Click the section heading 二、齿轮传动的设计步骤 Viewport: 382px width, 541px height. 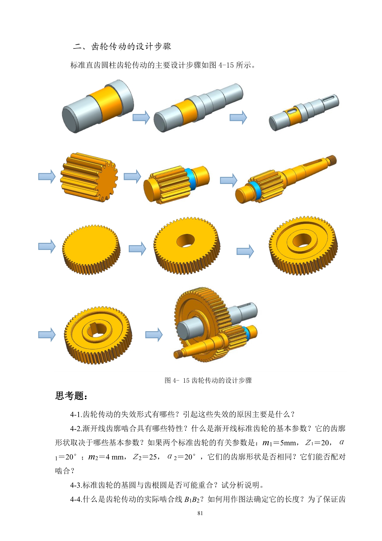[x=122, y=47]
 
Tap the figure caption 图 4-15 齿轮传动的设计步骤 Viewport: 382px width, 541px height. [x=208, y=380]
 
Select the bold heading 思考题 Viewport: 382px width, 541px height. [x=71, y=396]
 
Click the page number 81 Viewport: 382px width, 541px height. [x=200, y=513]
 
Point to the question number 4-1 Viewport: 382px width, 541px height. [x=76, y=414]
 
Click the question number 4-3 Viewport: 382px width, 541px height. [x=76, y=485]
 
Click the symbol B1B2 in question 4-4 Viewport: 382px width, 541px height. [x=192, y=499]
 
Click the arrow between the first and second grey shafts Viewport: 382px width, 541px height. [x=141, y=117]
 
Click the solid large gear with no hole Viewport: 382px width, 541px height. [x=91, y=249]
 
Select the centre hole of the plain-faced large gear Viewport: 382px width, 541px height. [x=186, y=240]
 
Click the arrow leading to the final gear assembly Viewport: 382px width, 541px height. [x=154, y=335]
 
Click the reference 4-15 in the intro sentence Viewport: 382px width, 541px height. [x=226, y=65]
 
